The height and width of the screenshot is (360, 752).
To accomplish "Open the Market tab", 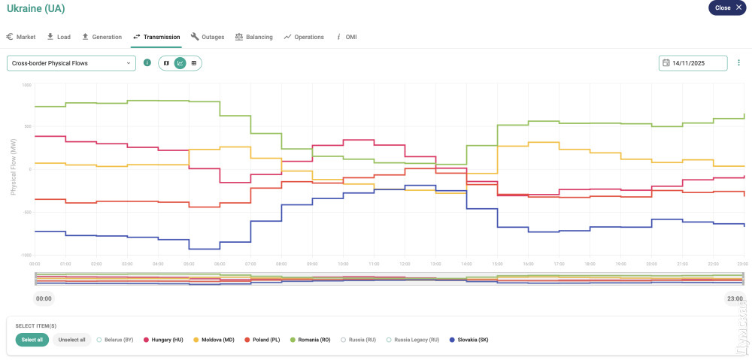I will (x=21, y=37).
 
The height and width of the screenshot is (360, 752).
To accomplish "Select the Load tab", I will (x=58, y=37).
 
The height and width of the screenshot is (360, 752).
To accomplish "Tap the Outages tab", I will (x=208, y=37).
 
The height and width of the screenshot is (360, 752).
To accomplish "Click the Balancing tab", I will (x=253, y=37).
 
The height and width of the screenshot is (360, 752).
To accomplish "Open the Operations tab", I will (x=304, y=37).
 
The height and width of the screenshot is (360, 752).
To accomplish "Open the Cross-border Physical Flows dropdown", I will (x=71, y=63).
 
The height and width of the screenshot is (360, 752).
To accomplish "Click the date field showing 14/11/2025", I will (x=693, y=63).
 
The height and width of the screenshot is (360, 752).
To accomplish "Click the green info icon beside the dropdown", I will (x=147, y=63).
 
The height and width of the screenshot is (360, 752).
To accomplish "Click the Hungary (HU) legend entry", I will (x=163, y=340).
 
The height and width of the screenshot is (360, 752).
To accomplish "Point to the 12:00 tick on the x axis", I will (x=405, y=264).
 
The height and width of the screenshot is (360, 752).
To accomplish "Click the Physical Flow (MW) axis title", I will (x=13, y=171).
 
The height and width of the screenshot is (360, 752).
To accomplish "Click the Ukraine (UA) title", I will (x=35, y=9).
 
